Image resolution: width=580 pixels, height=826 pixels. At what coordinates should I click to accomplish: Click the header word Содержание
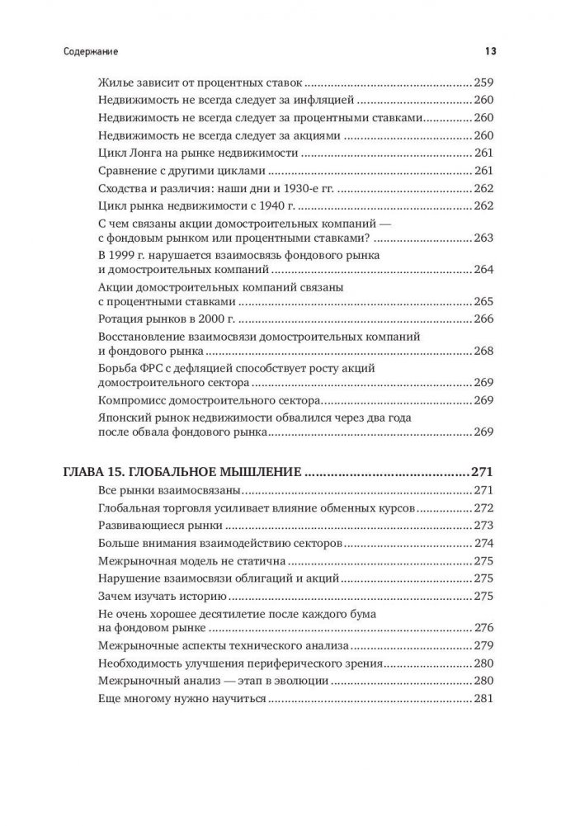[x=91, y=51]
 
